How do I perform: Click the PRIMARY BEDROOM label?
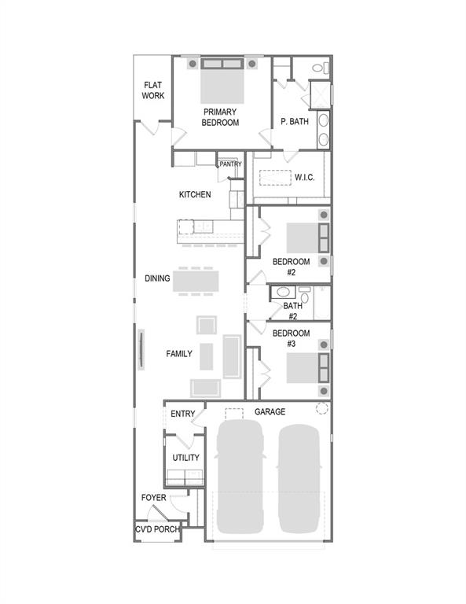[220, 117]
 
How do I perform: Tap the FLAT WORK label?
[152, 90]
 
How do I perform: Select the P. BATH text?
[295, 122]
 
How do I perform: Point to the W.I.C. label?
[304, 177]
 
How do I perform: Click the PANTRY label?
[230, 164]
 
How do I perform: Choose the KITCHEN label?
[195, 194]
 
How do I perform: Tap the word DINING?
[157, 278]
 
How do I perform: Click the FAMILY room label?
[179, 354]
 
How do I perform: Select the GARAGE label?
[270, 411]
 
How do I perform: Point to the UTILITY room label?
[185, 458]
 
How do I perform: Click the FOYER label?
[153, 498]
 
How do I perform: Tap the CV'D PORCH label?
[157, 529]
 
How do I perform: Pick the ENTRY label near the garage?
[182, 414]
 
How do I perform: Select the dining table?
[196, 279]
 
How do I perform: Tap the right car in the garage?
[299, 477]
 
